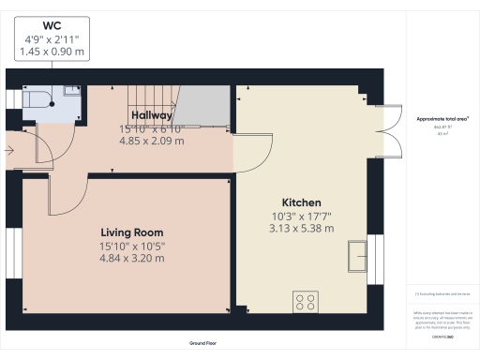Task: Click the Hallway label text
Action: [151, 115]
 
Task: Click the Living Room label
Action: [132, 232]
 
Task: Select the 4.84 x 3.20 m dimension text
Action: [132, 259]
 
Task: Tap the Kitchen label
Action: [302, 202]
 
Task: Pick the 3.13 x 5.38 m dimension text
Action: [302, 228]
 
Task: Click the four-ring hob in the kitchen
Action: [307, 302]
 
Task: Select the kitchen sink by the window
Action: [356, 254]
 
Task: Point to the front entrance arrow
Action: [9, 148]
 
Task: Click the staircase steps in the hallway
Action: [147, 97]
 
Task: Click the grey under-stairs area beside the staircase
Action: [203, 105]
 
